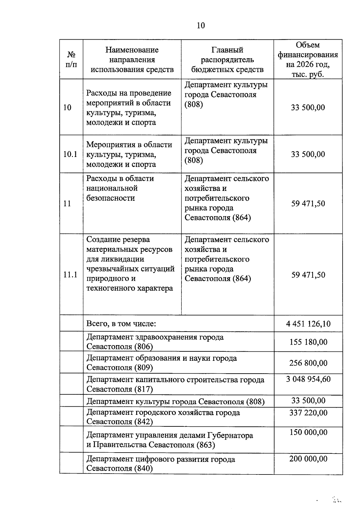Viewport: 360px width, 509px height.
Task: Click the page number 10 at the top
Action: (x=201, y=26)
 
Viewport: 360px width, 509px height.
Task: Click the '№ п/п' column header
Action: (x=71, y=59)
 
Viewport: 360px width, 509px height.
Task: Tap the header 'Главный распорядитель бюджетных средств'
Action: (x=227, y=59)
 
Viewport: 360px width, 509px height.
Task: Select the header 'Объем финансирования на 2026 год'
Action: (x=308, y=59)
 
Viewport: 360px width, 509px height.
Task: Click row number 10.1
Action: (x=70, y=154)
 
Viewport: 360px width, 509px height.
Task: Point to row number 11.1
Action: (x=70, y=275)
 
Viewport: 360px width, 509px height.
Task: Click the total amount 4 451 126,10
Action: (x=308, y=324)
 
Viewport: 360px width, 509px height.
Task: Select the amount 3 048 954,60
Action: (x=308, y=379)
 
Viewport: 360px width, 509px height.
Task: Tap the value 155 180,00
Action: (x=308, y=342)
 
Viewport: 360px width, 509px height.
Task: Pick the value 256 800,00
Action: (x=308, y=363)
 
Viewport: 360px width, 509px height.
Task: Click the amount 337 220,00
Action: (x=308, y=413)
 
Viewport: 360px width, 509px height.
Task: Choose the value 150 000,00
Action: (x=308, y=432)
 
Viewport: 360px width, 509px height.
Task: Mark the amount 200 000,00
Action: (x=308, y=459)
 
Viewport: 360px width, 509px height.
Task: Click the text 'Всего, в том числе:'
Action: (x=121, y=324)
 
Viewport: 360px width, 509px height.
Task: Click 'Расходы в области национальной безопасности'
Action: (x=120, y=188)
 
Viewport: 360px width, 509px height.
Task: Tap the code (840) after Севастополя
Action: (x=143, y=468)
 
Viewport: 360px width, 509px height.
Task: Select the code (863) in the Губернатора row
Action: (x=206, y=445)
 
